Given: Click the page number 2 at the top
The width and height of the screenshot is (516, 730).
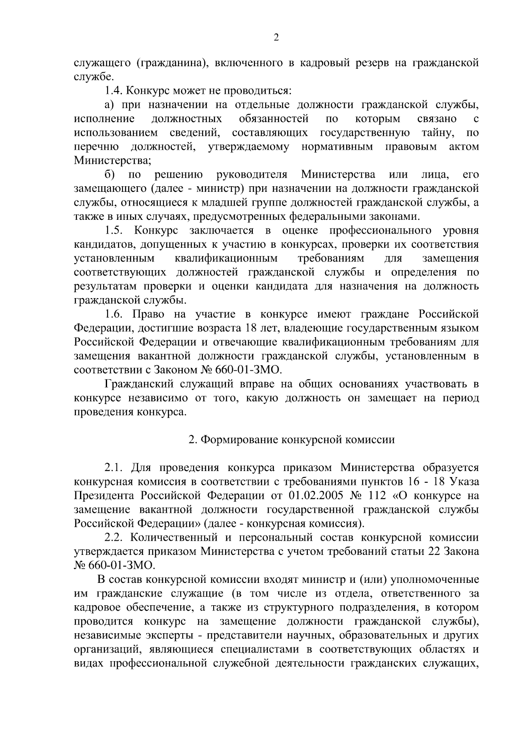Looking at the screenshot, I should pyautogui.click(x=276, y=37).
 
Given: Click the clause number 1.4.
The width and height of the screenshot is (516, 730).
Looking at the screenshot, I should pyautogui.click(x=114, y=91).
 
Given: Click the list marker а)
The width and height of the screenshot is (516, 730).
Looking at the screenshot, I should pyautogui.click(x=109, y=105).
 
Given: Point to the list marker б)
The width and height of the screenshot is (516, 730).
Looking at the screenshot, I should pyautogui.click(x=109, y=175).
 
